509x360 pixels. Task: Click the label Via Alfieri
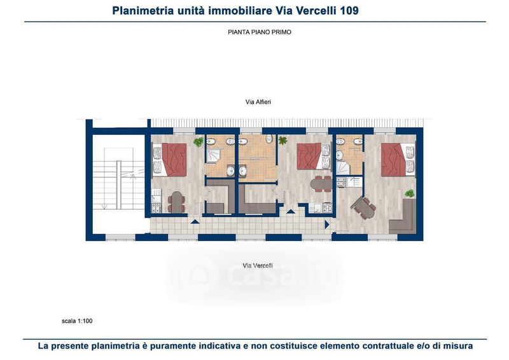(x=258, y=102)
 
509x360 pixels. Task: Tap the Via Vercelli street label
(x=258, y=265)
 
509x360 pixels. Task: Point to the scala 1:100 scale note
(x=77, y=321)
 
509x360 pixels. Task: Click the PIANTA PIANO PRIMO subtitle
(x=260, y=32)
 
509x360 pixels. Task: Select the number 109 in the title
(x=349, y=11)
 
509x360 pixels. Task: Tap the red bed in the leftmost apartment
(x=174, y=160)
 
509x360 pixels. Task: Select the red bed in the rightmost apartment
(x=394, y=160)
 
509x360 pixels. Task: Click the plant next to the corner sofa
(x=410, y=193)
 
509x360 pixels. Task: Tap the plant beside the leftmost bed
(x=199, y=142)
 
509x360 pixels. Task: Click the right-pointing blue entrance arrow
(x=327, y=225)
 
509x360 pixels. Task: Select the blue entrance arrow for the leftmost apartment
(x=195, y=222)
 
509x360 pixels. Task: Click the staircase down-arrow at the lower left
(x=104, y=207)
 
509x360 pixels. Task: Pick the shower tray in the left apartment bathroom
(x=214, y=155)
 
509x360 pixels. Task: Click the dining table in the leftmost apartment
(x=177, y=202)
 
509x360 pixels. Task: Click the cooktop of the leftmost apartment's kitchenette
(x=157, y=208)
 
